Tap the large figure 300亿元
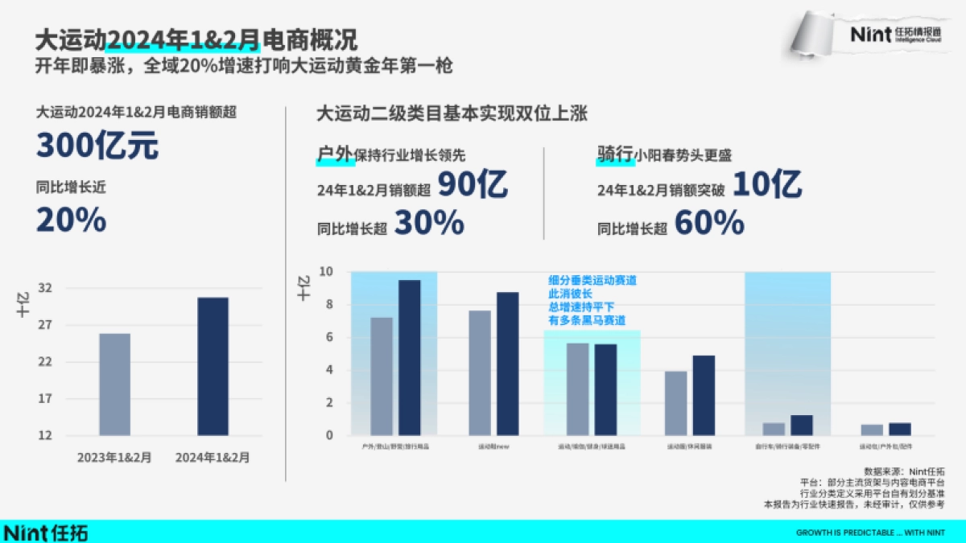pyautogui.click(x=97, y=146)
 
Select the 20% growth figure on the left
pyautogui.click(x=71, y=219)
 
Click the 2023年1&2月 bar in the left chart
pyautogui.click(x=115, y=385)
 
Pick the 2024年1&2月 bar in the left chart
pyautogui.click(x=213, y=367)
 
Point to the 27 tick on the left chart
pyautogui.click(x=45, y=325)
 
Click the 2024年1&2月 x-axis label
pyautogui.click(x=213, y=457)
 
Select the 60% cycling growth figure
pyautogui.click(x=708, y=224)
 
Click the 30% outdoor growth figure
pyautogui.click(x=428, y=224)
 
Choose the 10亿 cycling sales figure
pyautogui.click(x=766, y=186)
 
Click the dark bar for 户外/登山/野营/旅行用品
pyautogui.click(x=410, y=358)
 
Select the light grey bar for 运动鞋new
pyautogui.click(x=480, y=373)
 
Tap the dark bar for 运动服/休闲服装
pyautogui.click(x=704, y=396)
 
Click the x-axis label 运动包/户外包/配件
pyautogui.click(x=885, y=445)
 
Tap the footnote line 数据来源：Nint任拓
pyautogui.click(x=904, y=471)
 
